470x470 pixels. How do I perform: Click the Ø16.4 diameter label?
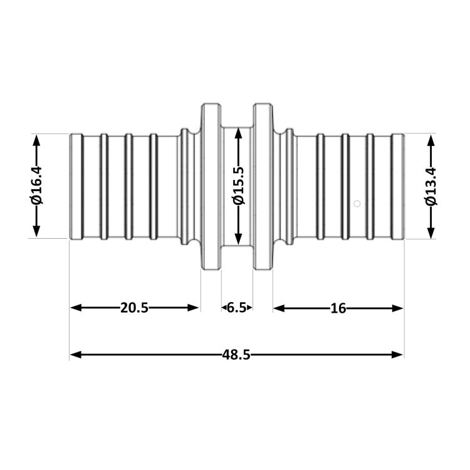coord(36,185)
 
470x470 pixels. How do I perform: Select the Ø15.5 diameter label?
coord(239,185)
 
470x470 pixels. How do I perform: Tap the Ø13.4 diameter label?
coord(431,186)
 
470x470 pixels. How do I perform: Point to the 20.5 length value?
coord(134,308)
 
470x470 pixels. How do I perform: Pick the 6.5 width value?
coord(236,308)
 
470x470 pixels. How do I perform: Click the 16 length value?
coord(338,308)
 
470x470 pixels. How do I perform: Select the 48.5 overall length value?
coord(236,355)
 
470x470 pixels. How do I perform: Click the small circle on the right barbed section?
coord(357,204)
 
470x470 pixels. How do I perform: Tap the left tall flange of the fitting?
coord(211,187)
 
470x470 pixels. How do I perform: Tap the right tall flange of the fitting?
coord(263,187)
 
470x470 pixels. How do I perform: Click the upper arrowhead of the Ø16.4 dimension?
coord(36,140)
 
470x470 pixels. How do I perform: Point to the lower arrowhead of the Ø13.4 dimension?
coord(431,233)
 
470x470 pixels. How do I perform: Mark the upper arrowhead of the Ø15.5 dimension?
coord(239,133)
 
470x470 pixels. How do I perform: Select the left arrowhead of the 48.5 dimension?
coord(76,355)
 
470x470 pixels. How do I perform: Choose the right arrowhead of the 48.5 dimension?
coord(397,355)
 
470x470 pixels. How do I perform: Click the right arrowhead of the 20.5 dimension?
coord(193,308)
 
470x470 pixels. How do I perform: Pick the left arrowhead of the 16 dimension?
coord(279,308)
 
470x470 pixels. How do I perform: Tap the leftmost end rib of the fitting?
coord(76,187)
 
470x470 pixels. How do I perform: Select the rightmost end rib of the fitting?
coord(398,187)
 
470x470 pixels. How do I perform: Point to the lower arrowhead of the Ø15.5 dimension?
coord(239,239)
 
